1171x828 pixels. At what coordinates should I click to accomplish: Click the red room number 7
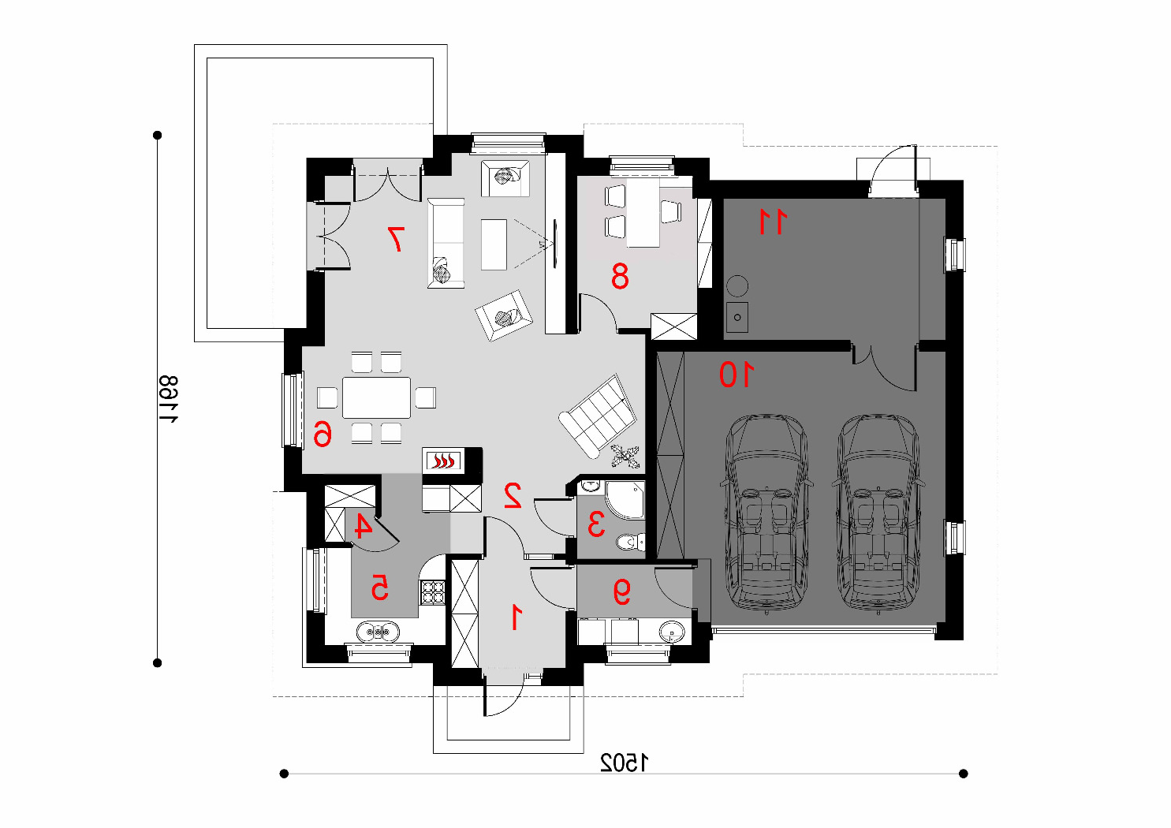pos(395,239)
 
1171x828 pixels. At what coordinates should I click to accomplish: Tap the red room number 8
pos(620,277)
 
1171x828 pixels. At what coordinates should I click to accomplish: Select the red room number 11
pos(773,221)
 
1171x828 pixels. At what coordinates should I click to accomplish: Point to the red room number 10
pos(737,375)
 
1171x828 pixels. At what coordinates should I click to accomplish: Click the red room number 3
pos(596,524)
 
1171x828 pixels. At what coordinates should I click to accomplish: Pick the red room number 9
pos(621,591)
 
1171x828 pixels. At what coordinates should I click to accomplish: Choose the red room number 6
pos(323,435)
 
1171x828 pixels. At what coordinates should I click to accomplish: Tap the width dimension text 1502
pos(624,763)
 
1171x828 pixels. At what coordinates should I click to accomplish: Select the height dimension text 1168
pos(168,399)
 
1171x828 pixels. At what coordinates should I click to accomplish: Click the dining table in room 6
pos(376,397)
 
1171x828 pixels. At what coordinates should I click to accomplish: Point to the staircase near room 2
pos(598,416)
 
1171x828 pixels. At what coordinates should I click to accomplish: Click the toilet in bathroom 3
pos(631,542)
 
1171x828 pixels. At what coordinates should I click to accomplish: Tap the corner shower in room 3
pos(625,500)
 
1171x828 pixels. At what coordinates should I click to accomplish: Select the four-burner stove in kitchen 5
pos(433,592)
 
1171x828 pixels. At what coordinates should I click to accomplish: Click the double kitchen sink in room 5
pos(378,632)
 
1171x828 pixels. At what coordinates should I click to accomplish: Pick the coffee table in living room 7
pos(494,244)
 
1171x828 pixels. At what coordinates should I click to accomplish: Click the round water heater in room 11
pos(737,286)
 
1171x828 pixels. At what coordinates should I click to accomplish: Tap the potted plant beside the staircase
pos(625,456)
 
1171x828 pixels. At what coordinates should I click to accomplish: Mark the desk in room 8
pos(643,214)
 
